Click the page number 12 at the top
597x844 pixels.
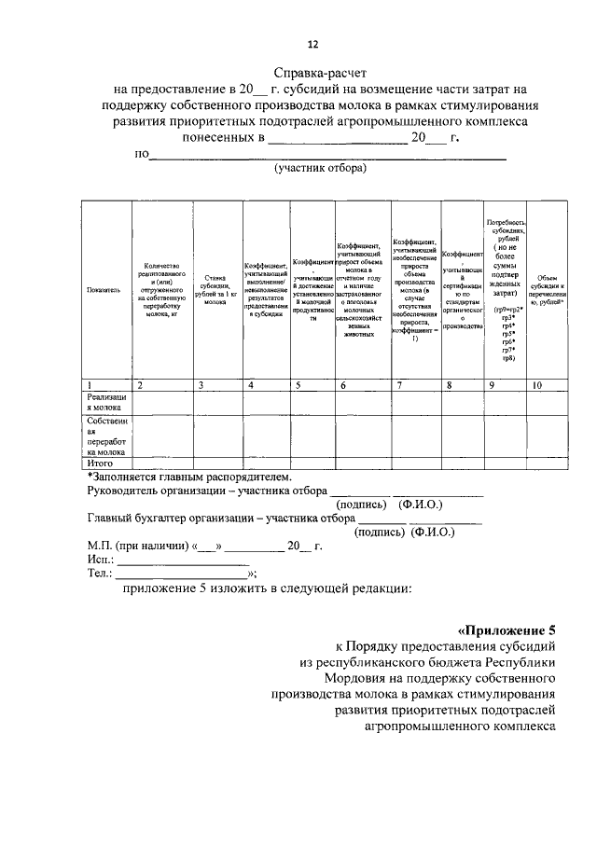(x=313, y=44)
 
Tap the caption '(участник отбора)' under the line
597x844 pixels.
(x=320, y=169)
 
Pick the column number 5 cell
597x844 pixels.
(x=297, y=384)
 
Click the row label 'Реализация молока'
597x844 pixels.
(x=105, y=402)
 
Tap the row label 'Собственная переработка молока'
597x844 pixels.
(x=105, y=436)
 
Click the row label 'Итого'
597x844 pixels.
(x=100, y=462)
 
